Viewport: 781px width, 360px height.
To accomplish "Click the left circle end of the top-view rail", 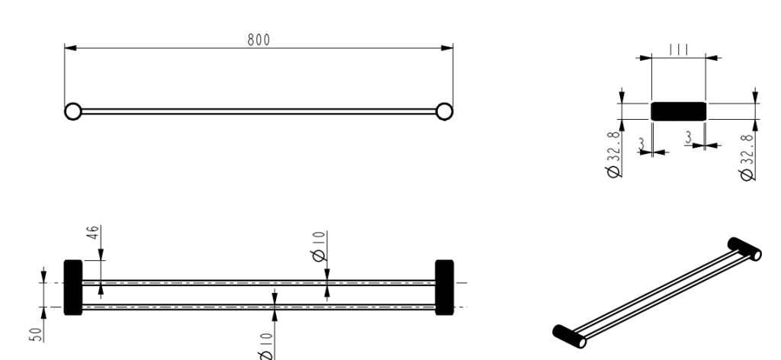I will pos(72,111).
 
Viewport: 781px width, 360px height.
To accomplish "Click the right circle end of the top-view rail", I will pos(444,111).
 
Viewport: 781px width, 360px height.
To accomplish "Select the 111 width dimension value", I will pos(678,49).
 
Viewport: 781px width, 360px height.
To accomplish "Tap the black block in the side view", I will pos(678,111).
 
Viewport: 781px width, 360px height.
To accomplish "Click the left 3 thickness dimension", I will pos(642,143).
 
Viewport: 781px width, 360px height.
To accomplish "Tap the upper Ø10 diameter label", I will pos(320,246).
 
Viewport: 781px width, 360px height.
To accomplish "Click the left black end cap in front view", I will pos(72,288).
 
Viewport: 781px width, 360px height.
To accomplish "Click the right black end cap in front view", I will pos(444,288).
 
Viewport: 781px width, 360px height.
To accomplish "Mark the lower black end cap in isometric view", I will pos(569,334).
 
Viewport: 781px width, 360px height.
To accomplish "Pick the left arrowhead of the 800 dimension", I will pos(69,48).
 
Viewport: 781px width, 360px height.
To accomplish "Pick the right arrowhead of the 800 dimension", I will pos(448,48).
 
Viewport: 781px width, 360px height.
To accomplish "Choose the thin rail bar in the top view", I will pos(259,111).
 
